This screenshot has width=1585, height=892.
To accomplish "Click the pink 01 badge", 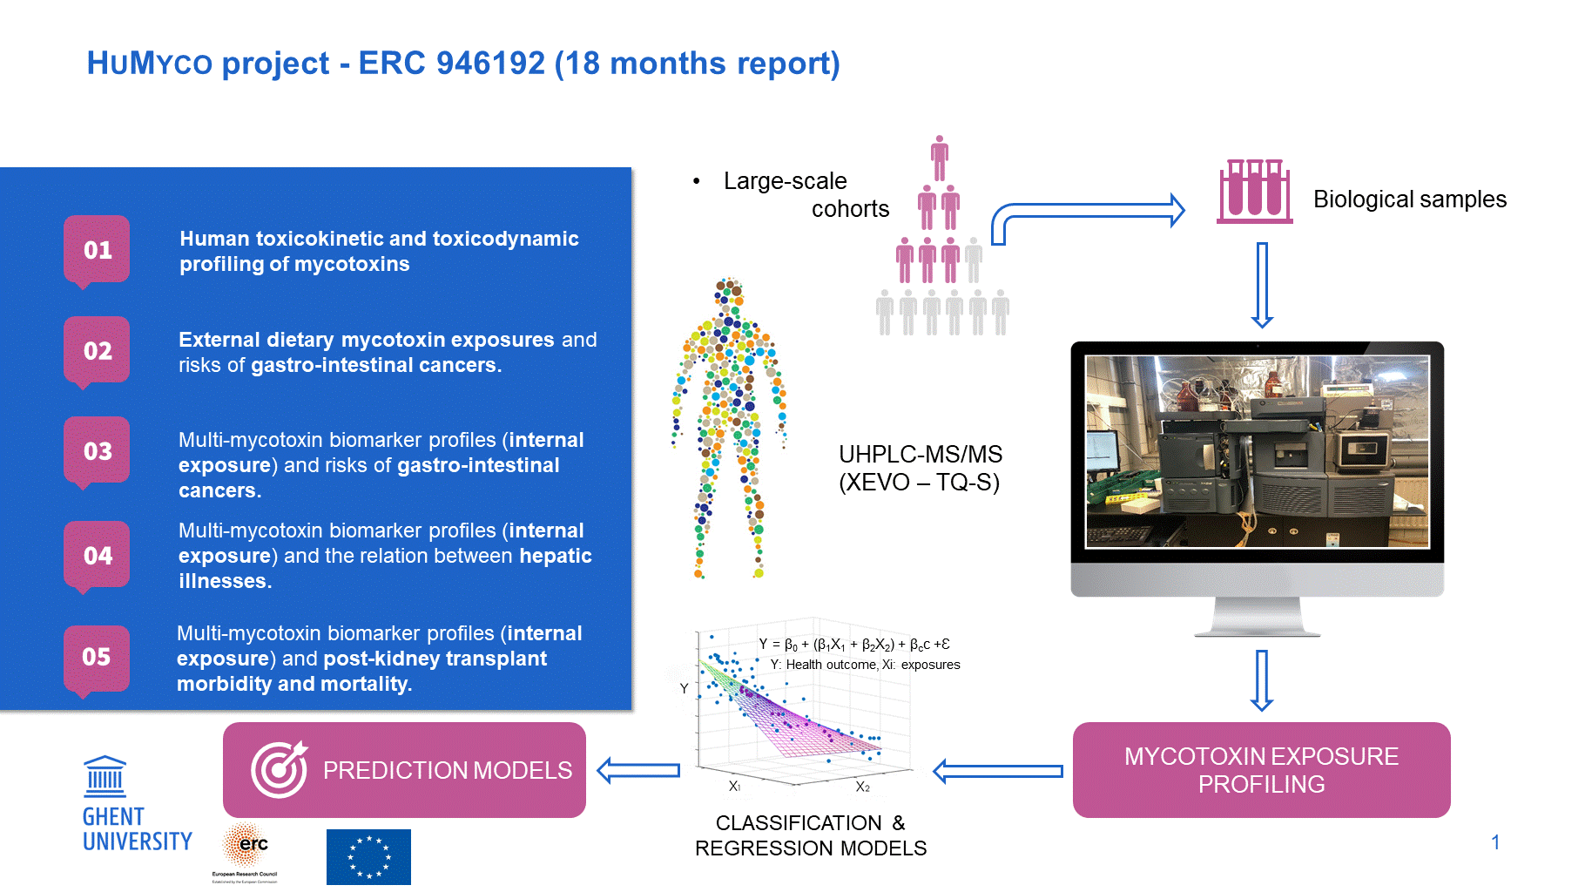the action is (97, 251).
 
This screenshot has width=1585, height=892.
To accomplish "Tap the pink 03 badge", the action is (97, 452).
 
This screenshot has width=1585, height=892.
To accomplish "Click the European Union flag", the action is (368, 856).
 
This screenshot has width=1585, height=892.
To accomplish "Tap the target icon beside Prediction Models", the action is (279, 769).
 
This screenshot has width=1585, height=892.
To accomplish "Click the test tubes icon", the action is (1254, 191).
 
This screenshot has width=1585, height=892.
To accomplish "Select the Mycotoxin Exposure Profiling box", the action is (1261, 770).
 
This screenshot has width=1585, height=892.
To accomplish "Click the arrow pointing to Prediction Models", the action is (638, 770).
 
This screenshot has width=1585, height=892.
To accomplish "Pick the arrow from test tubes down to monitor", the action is (1262, 285).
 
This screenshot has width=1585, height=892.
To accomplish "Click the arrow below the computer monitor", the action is (1262, 680).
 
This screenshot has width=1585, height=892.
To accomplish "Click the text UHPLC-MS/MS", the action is (921, 454).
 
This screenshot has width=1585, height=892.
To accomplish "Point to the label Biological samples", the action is (1410, 199).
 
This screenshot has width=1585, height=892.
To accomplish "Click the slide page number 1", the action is (1495, 842).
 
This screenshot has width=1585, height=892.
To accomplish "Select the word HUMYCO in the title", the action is (150, 64).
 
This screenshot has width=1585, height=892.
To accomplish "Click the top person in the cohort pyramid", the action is (939, 159).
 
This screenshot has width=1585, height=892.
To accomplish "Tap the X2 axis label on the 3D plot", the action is (862, 787).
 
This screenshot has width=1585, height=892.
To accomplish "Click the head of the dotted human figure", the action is (729, 291).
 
